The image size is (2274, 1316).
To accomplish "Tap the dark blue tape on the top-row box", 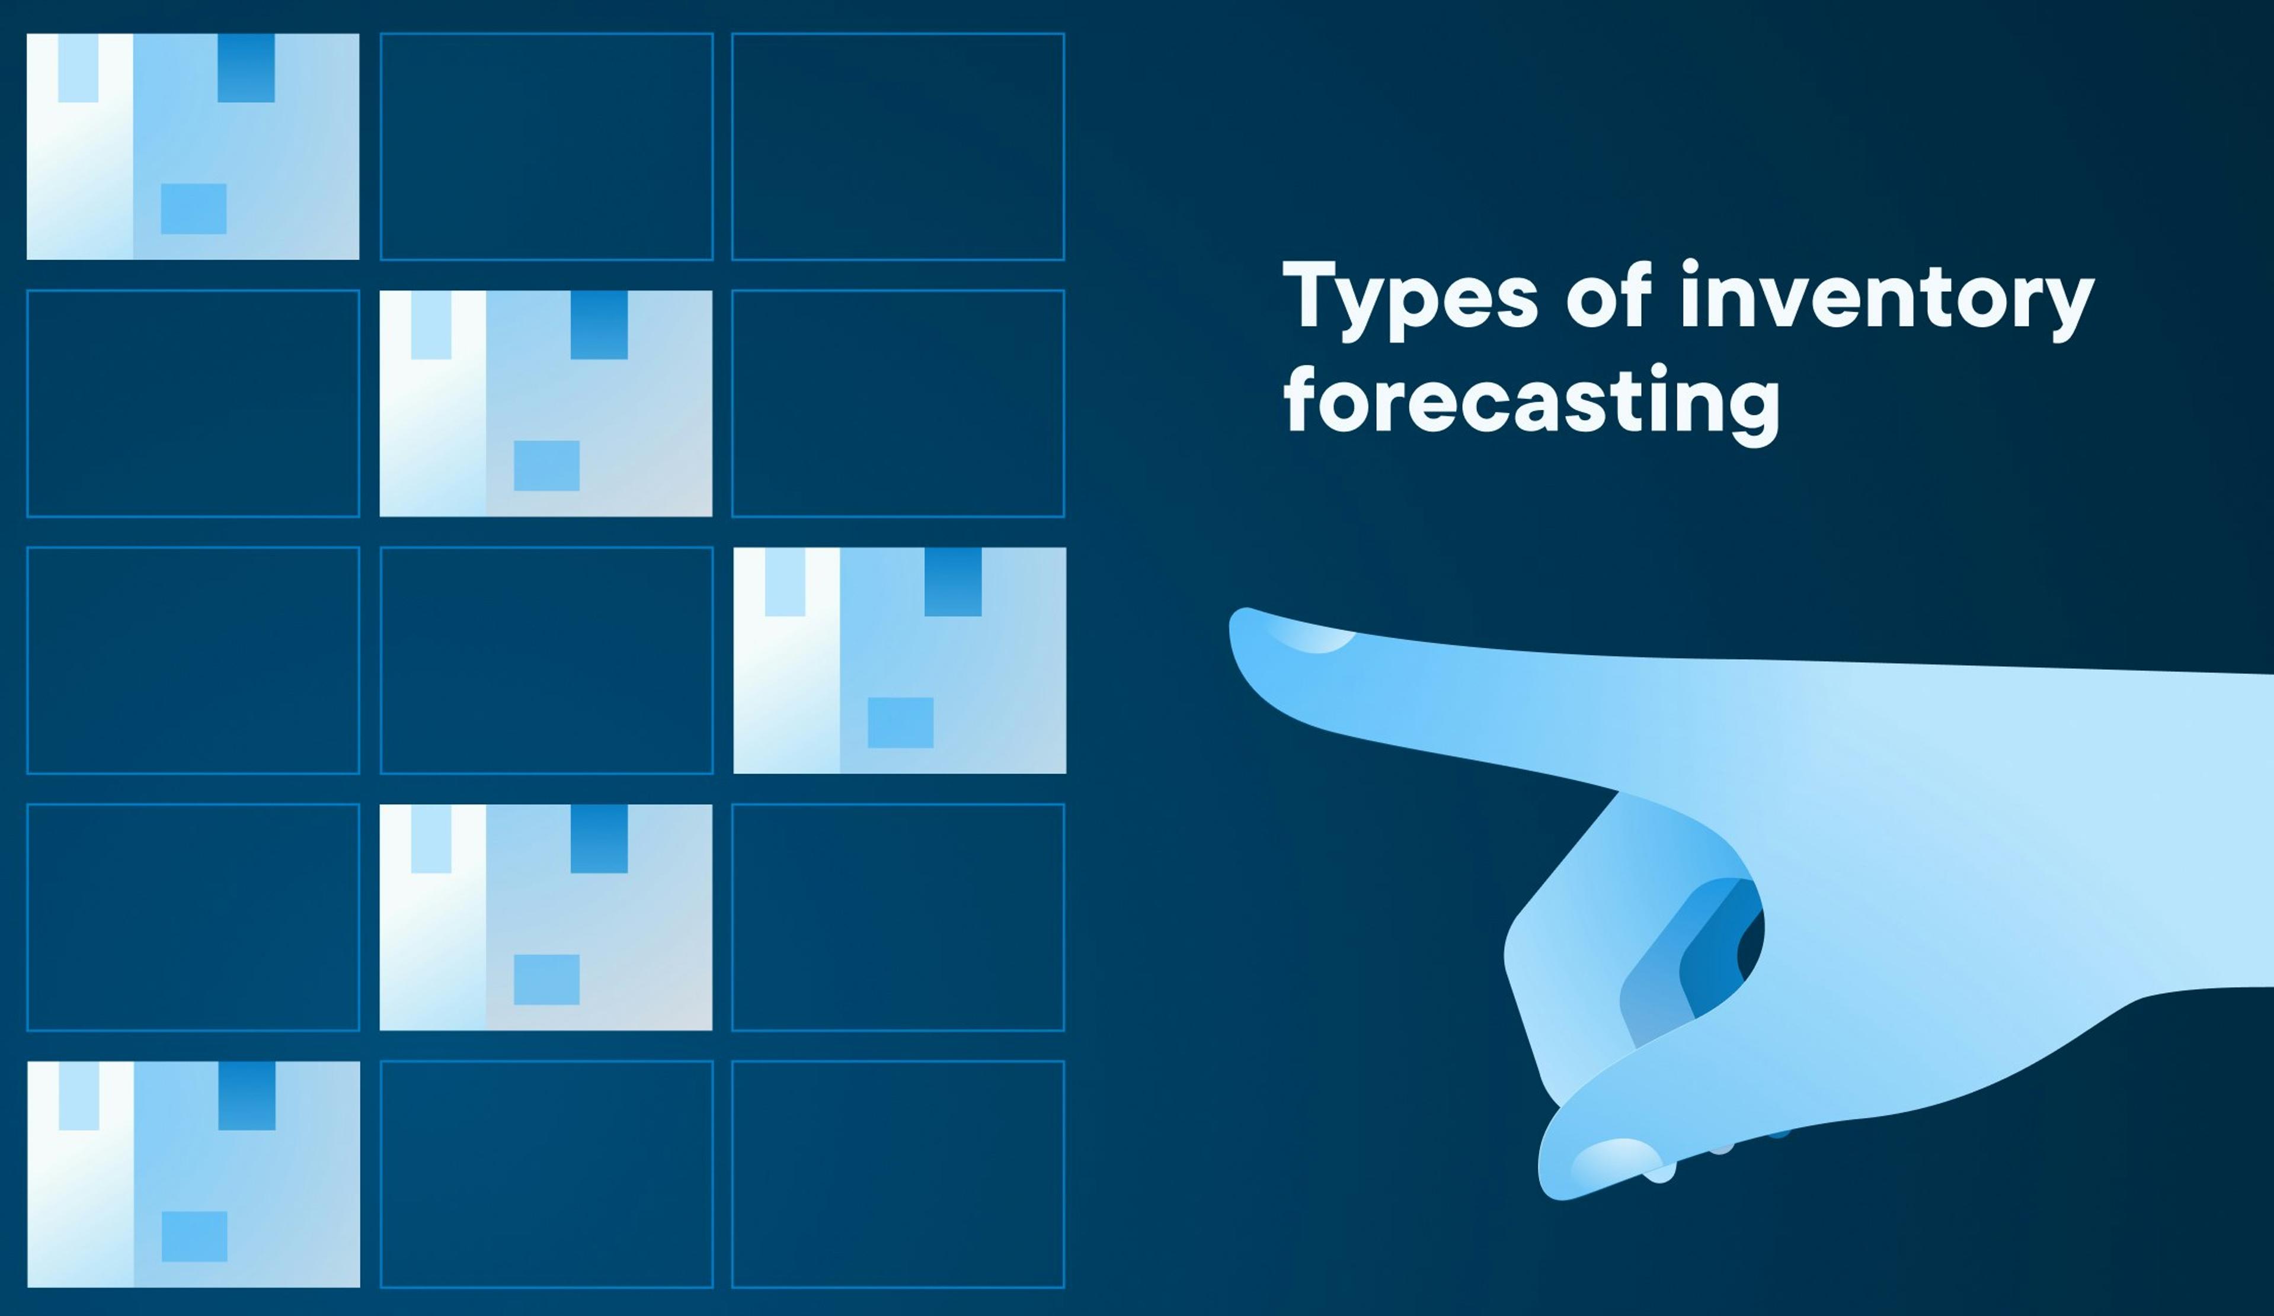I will (x=247, y=68).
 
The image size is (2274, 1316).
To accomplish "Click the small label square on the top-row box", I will (x=193, y=208).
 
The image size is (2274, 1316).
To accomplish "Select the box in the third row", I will (x=899, y=660).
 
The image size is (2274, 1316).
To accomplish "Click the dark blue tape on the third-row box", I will (x=953, y=582).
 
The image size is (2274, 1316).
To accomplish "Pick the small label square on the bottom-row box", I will (x=194, y=1235).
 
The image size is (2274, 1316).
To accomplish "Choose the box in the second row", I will (x=546, y=403).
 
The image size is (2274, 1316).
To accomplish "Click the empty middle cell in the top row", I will (x=546, y=146).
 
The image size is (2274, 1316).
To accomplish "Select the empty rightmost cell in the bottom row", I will (x=898, y=1173).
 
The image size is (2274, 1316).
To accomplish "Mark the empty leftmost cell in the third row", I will (x=193, y=660).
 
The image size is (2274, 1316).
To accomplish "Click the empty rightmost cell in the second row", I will (x=898, y=403).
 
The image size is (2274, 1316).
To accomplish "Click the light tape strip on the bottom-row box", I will (x=78, y=1095).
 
